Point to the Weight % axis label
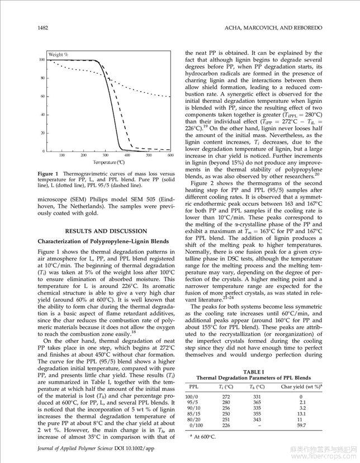(58, 54)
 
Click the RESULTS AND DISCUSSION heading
(106, 231)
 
